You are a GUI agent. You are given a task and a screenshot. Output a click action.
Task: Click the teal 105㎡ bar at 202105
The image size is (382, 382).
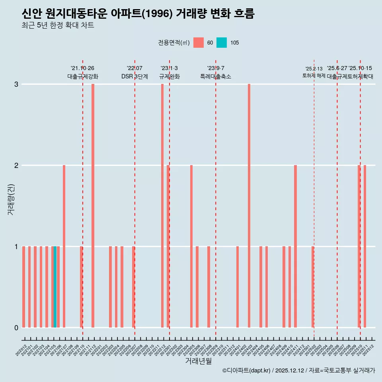pos(55,287)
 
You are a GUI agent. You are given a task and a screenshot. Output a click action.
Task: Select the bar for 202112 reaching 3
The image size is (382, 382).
pos(93,206)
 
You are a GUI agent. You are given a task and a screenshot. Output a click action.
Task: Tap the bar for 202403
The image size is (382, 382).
pos(249,206)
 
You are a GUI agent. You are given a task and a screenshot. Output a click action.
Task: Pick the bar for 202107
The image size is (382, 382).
pos(64,246)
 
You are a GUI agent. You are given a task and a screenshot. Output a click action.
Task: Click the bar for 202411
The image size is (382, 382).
pos(295,246)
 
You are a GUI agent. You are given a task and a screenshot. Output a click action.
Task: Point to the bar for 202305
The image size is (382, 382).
pos(191,246)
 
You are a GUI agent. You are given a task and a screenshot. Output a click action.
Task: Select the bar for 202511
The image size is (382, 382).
pos(365,246)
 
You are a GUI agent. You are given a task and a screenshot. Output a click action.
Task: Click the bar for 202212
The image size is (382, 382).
pos(162,206)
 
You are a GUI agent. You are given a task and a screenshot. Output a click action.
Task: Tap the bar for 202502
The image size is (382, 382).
pos(313,287)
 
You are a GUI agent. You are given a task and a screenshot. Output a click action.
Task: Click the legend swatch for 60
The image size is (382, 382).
pos(199,43)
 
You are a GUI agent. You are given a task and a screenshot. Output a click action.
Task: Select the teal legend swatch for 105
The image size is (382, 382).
pos(222,43)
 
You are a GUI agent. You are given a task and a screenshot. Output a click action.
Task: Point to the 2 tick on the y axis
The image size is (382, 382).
pos(16,165)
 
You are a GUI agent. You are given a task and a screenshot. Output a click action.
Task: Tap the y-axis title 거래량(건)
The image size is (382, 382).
pos(11,199)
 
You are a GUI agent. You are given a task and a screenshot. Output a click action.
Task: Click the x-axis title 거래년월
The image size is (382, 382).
pos(198,361)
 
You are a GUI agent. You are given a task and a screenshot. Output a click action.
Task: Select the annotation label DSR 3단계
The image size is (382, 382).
pos(134,76)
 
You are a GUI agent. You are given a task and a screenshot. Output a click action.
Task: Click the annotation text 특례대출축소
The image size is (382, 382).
pos(215,76)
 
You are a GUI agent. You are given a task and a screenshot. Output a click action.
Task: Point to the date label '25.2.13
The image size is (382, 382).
pos(314,69)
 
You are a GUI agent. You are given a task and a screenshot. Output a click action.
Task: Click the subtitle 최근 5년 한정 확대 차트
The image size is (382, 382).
pos(58,26)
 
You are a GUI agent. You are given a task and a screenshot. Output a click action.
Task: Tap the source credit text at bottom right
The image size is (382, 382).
pos(298,370)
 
